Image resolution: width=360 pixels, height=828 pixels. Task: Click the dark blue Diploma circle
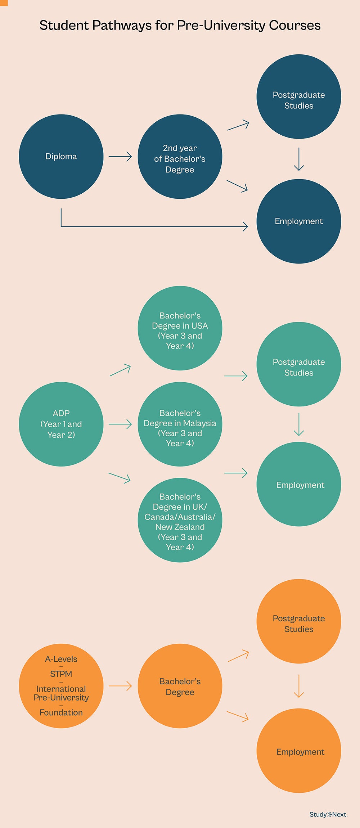coord(61,157)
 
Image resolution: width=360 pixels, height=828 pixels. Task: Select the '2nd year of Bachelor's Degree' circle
coord(180,157)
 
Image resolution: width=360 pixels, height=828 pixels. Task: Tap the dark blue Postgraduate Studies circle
coord(298,96)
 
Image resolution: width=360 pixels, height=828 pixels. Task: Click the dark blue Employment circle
coord(298,221)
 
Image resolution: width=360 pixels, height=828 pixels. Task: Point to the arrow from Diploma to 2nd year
coord(120,157)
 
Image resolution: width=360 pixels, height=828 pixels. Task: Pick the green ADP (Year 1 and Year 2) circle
coord(61,424)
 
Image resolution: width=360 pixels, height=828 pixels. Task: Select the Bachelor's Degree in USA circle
coord(180,328)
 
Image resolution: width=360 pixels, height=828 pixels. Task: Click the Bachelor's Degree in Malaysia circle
coord(180,424)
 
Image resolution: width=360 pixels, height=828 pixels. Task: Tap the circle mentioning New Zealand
coord(180,520)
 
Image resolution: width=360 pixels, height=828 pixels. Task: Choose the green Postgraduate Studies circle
coord(298,364)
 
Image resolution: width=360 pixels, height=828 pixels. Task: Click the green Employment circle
coord(298,484)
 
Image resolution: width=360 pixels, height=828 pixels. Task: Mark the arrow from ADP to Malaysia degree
coord(120,424)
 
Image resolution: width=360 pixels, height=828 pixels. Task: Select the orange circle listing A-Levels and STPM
coord(61,686)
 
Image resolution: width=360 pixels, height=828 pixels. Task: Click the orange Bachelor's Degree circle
coord(180,686)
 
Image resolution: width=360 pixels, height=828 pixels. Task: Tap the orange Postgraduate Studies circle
coord(298,621)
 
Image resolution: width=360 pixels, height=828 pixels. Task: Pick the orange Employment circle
coord(298,751)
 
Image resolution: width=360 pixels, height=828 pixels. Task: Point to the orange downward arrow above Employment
coord(299,686)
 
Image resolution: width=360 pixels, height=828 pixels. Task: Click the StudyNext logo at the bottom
coord(328,814)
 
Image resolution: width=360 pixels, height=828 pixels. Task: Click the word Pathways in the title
coord(122,25)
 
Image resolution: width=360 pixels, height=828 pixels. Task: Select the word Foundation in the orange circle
coord(61,712)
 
